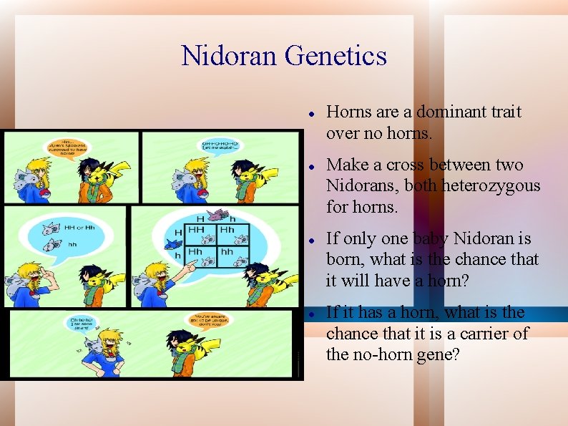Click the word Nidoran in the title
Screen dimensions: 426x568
click(229, 56)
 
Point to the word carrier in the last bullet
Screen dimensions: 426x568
click(489, 334)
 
